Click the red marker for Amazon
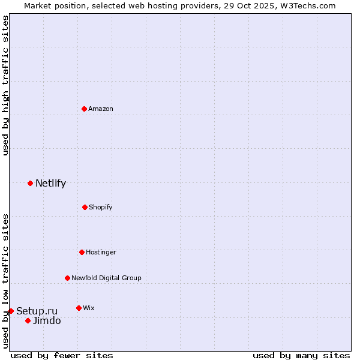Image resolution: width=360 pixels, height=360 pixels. (x=84, y=109)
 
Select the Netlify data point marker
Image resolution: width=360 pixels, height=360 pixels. (x=30, y=183)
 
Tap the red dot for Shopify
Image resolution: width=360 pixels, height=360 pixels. (x=85, y=207)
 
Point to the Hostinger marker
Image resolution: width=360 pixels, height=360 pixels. (x=82, y=252)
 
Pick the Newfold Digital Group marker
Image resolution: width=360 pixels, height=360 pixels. (x=67, y=278)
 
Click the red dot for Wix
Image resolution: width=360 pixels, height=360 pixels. (x=79, y=308)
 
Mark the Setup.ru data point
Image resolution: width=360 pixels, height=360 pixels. (x=11, y=311)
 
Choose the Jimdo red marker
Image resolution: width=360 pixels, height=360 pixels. (x=28, y=320)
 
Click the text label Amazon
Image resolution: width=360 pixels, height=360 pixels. (x=101, y=109)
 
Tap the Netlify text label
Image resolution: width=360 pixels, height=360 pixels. (x=50, y=184)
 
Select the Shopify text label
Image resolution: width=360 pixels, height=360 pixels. (x=101, y=207)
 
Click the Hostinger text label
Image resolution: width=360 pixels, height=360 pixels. (x=101, y=252)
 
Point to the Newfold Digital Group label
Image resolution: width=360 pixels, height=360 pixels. (x=106, y=278)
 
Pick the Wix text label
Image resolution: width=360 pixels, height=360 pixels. (x=89, y=308)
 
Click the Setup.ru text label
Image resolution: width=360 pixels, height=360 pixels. (x=37, y=311)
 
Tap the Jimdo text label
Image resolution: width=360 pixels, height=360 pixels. (x=47, y=320)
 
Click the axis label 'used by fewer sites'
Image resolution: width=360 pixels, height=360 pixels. (x=62, y=355)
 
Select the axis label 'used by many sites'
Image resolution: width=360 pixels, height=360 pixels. (x=301, y=355)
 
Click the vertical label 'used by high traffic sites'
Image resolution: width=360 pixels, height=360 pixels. (x=5, y=85)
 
